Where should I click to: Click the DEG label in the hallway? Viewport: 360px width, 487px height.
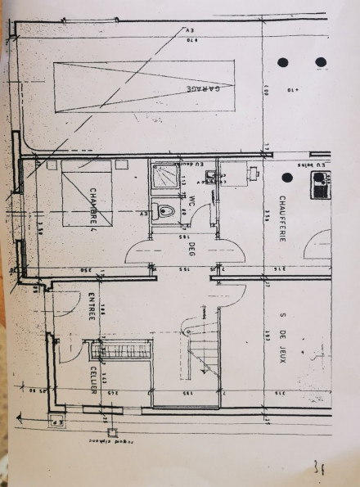(191, 249)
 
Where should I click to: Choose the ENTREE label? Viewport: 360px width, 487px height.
(92, 307)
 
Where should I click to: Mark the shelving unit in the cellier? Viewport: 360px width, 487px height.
(121, 354)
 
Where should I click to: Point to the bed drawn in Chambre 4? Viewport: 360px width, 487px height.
(87, 194)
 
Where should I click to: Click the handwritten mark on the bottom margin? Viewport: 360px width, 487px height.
(317, 467)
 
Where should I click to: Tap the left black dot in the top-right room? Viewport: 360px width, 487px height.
(282, 62)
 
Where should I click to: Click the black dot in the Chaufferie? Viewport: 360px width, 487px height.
(286, 177)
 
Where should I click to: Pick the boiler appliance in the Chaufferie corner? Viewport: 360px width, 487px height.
(319, 187)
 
